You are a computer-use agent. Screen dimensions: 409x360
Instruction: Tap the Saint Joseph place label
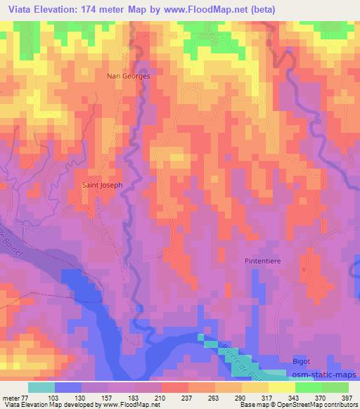tap(103, 185)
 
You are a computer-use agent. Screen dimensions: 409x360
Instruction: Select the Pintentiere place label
tap(264, 261)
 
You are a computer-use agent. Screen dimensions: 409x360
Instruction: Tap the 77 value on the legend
tap(28, 398)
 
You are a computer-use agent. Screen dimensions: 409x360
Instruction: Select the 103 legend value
tap(55, 398)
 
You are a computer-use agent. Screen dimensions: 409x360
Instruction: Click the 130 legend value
tap(82, 398)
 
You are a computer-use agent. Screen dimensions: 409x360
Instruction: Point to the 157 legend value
tap(108, 398)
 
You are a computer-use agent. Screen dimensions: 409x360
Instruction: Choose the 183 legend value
tap(135, 398)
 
